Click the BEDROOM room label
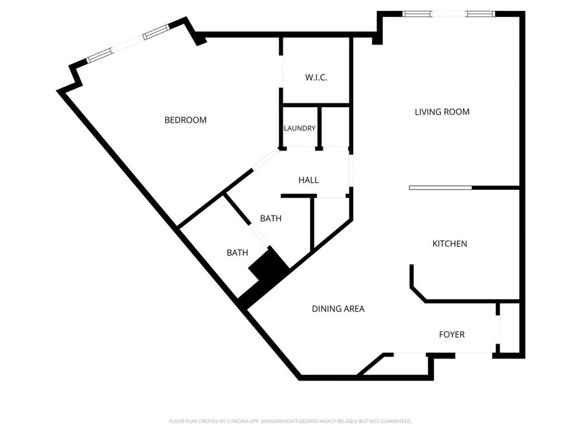pyautogui.click(x=185, y=119)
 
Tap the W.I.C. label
pyautogui.click(x=316, y=78)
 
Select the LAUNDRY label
pyautogui.click(x=300, y=128)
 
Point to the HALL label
pyautogui.click(x=309, y=180)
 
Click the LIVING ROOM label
pyautogui.click(x=442, y=112)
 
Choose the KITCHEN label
pyautogui.click(x=449, y=244)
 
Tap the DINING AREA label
pyautogui.click(x=338, y=309)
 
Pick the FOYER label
pyautogui.click(x=452, y=335)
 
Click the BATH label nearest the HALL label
pyautogui.click(x=270, y=218)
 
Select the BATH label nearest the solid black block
pyautogui.click(x=237, y=253)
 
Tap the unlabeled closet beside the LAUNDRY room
pyautogui.click(x=336, y=128)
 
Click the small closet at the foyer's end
pyautogui.click(x=509, y=328)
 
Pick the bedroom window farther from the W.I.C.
pyautogui.click(x=99, y=56)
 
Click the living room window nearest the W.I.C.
pyautogui.click(x=418, y=14)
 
